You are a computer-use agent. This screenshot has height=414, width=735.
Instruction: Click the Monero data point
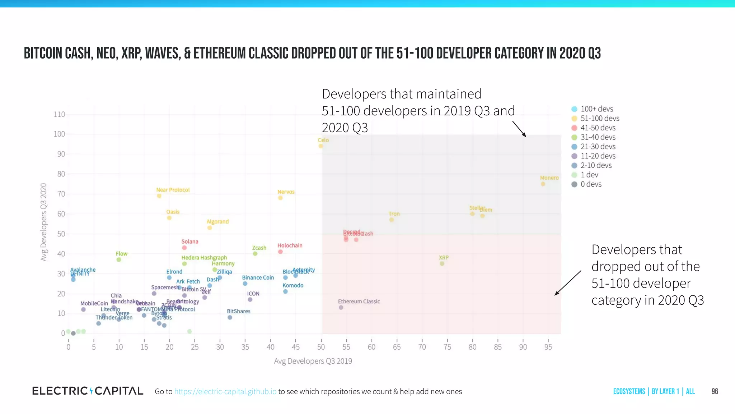(543, 184)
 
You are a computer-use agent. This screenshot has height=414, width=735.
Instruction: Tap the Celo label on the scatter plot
(323, 140)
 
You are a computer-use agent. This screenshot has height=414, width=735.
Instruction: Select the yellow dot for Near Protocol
(159, 196)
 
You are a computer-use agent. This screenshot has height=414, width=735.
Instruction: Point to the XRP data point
(442, 263)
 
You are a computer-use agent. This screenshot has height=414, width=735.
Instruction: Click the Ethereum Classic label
(359, 302)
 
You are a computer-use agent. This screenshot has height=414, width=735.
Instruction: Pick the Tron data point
(392, 220)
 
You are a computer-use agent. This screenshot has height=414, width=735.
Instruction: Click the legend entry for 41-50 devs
(598, 128)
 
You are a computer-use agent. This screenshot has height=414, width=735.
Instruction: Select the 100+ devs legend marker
(574, 109)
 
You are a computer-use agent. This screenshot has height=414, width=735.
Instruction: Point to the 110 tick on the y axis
(59, 115)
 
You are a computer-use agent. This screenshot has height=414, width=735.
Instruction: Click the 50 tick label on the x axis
(321, 347)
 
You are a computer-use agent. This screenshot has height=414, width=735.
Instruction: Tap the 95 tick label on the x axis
(548, 347)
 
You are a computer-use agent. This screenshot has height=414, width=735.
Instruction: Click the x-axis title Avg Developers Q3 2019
(313, 361)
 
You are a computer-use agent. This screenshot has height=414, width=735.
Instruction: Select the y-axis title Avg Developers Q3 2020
(44, 222)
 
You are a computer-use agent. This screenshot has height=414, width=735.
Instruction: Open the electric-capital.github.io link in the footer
(225, 391)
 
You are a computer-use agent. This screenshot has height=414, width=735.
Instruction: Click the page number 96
(715, 391)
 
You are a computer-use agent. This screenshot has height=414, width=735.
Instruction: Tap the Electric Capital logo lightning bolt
(92, 391)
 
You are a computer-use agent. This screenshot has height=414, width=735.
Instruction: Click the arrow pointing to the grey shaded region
(519, 129)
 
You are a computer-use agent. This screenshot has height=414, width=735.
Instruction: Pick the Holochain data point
(280, 252)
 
